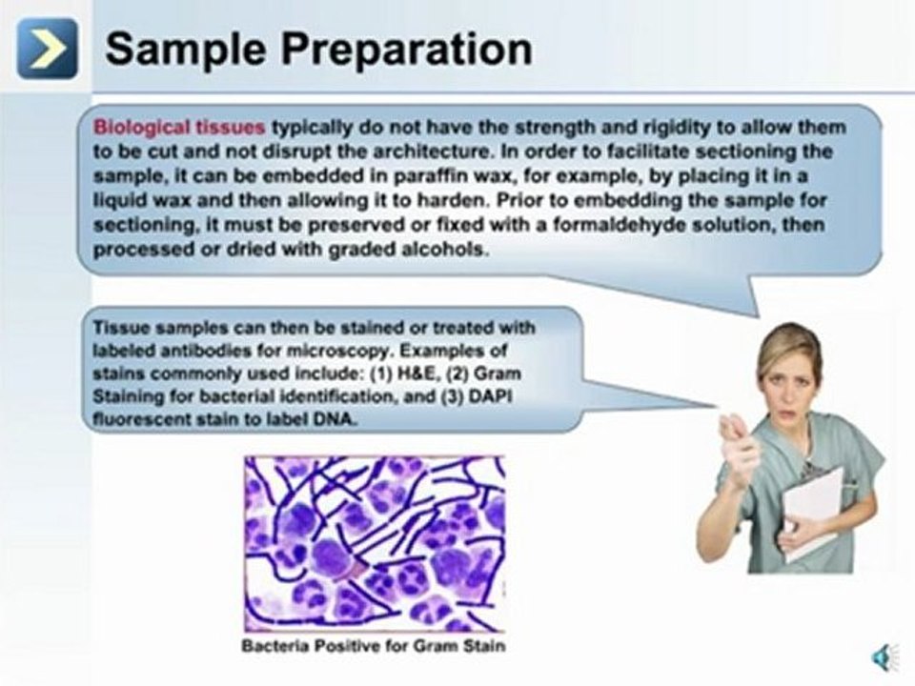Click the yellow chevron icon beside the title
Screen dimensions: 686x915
click(47, 49)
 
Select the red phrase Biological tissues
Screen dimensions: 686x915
click(179, 127)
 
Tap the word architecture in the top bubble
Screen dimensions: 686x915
click(397, 151)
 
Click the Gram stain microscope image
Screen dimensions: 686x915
click(375, 542)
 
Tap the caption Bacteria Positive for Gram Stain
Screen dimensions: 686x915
click(374, 646)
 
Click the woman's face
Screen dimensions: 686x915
click(790, 367)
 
